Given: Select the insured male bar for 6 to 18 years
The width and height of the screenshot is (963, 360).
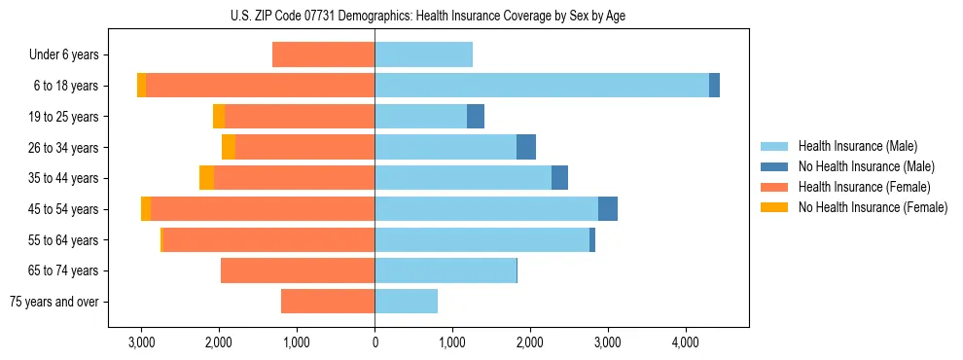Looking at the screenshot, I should pos(542,86).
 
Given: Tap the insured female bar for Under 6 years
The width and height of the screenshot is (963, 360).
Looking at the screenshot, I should pos(323,54).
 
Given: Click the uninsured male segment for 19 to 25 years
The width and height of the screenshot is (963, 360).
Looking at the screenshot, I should pos(476,117).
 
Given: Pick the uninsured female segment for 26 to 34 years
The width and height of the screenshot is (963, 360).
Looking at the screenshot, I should pos(229,147).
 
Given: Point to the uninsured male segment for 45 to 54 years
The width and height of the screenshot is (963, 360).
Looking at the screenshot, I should pos(608,209).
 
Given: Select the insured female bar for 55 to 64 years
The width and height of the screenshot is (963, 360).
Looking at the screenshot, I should pos(268,240).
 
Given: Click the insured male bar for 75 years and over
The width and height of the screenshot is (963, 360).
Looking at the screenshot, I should pos(406,302).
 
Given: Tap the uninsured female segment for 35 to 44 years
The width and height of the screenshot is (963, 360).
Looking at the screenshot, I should pos(206,178).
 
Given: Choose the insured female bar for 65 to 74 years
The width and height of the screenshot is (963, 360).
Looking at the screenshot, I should pos(298,270).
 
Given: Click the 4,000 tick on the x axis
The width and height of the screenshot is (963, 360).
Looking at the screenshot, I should pos(685,343).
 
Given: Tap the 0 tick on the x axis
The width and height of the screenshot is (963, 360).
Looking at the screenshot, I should pos(374,343).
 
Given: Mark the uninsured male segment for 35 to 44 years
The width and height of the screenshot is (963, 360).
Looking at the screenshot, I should pos(559,178).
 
